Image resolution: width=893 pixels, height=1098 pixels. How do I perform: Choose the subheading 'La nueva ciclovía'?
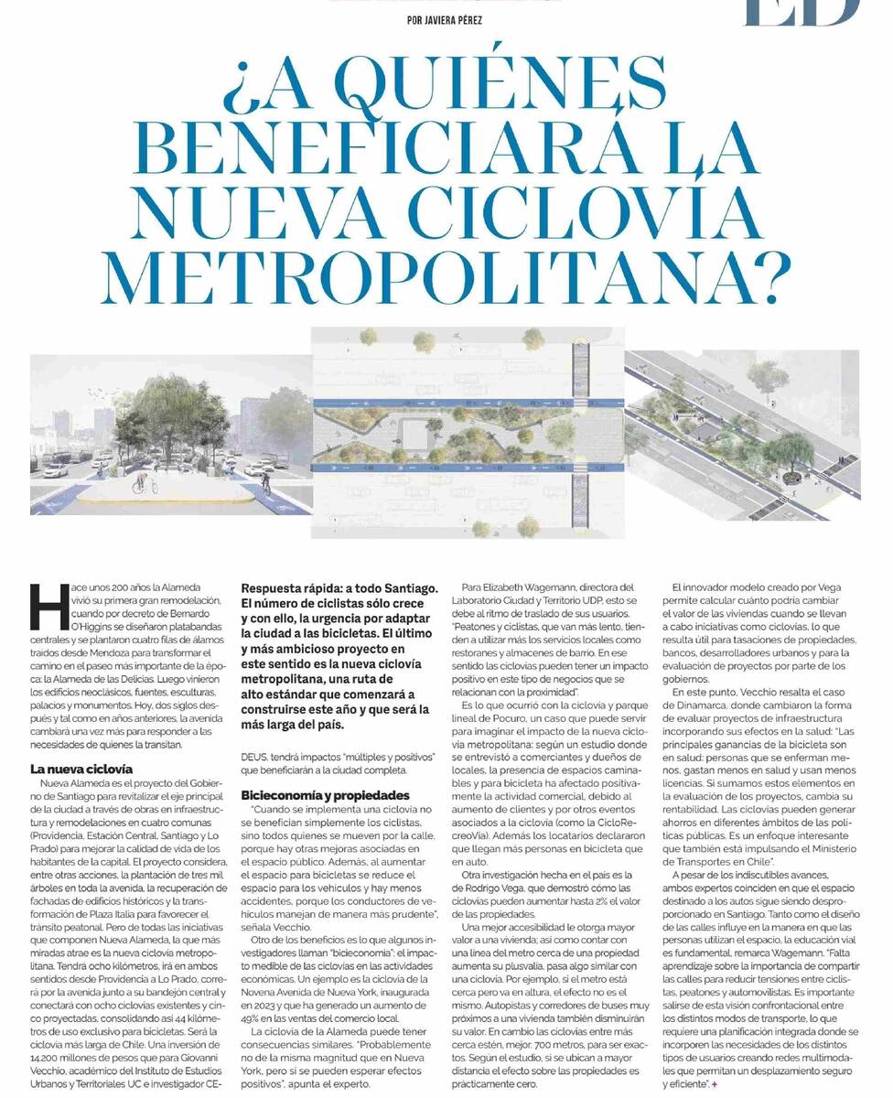point(81,769)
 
